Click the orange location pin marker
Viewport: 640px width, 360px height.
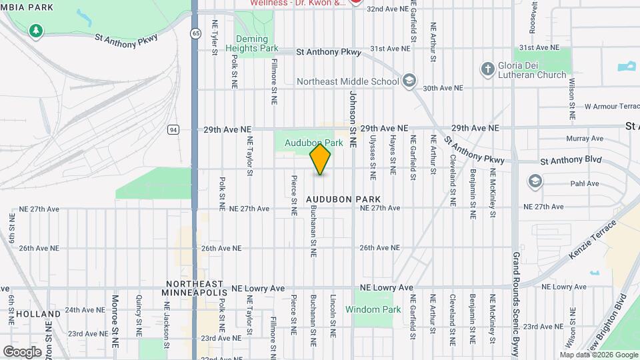(x=321, y=159)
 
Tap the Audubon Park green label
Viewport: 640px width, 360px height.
(x=313, y=143)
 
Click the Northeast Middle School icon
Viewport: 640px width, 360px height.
(x=409, y=81)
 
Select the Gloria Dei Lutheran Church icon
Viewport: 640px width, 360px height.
(x=488, y=68)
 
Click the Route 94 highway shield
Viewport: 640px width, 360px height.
(x=173, y=129)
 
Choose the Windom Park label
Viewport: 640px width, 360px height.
(x=373, y=309)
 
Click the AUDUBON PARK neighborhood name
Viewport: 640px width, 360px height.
(x=343, y=199)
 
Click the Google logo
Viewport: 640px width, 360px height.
(x=22, y=351)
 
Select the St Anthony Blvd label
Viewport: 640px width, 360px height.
(x=571, y=160)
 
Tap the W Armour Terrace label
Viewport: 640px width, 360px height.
(x=611, y=106)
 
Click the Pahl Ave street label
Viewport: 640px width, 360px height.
(x=585, y=183)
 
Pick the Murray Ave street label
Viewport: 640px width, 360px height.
(x=584, y=139)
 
